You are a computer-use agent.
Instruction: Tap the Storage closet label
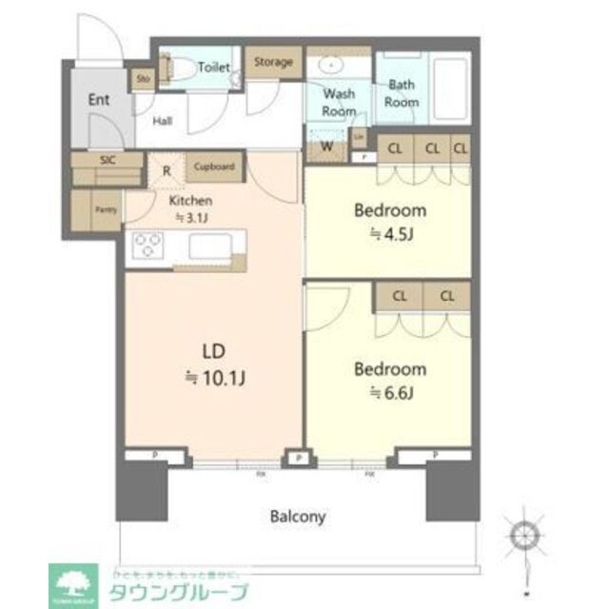click(x=272, y=63)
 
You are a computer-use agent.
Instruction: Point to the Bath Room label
click(x=402, y=93)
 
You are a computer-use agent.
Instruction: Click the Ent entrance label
click(x=99, y=100)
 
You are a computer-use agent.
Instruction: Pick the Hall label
click(x=163, y=121)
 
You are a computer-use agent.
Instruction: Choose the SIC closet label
click(x=108, y=160)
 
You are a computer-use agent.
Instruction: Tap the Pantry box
click(x=105, y=209)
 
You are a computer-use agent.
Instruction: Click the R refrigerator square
click(x=167, y=172)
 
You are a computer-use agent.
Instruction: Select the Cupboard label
click(x=214, y=167)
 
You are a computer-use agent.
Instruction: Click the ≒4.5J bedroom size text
click(x=389, y=234)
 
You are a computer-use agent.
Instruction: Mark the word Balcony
click(x=299, y=518)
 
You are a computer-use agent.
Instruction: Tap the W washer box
click(x=325, y=147)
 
